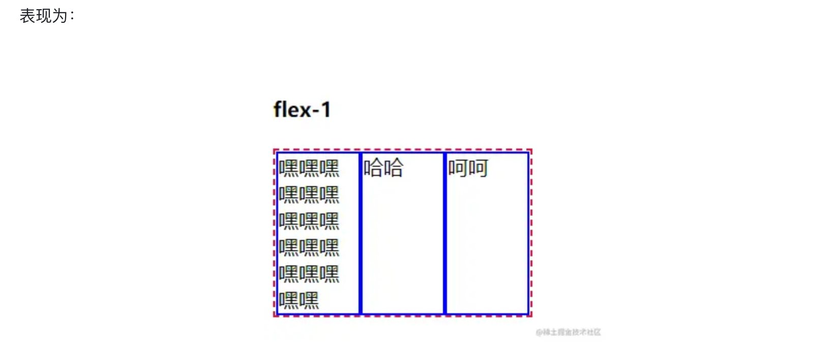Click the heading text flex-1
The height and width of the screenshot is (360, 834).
302,109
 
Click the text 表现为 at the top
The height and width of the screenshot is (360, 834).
44,16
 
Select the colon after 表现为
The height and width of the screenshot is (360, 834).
72,16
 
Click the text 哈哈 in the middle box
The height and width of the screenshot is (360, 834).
383,168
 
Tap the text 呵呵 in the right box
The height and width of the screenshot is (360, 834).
468,168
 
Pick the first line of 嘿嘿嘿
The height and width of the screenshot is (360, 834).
309,168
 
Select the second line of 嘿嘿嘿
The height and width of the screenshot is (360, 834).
309,195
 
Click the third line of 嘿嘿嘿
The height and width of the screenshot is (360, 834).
309,221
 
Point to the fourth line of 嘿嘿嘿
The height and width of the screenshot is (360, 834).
309,248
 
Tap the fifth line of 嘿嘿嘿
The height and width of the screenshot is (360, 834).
309,274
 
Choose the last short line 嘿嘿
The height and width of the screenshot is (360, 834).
299,301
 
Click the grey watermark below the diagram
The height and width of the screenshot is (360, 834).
568,332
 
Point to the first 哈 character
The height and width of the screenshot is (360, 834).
373,168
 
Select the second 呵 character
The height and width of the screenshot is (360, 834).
478,168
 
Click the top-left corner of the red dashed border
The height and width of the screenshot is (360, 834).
275,149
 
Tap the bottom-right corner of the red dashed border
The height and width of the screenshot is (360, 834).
531,316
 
